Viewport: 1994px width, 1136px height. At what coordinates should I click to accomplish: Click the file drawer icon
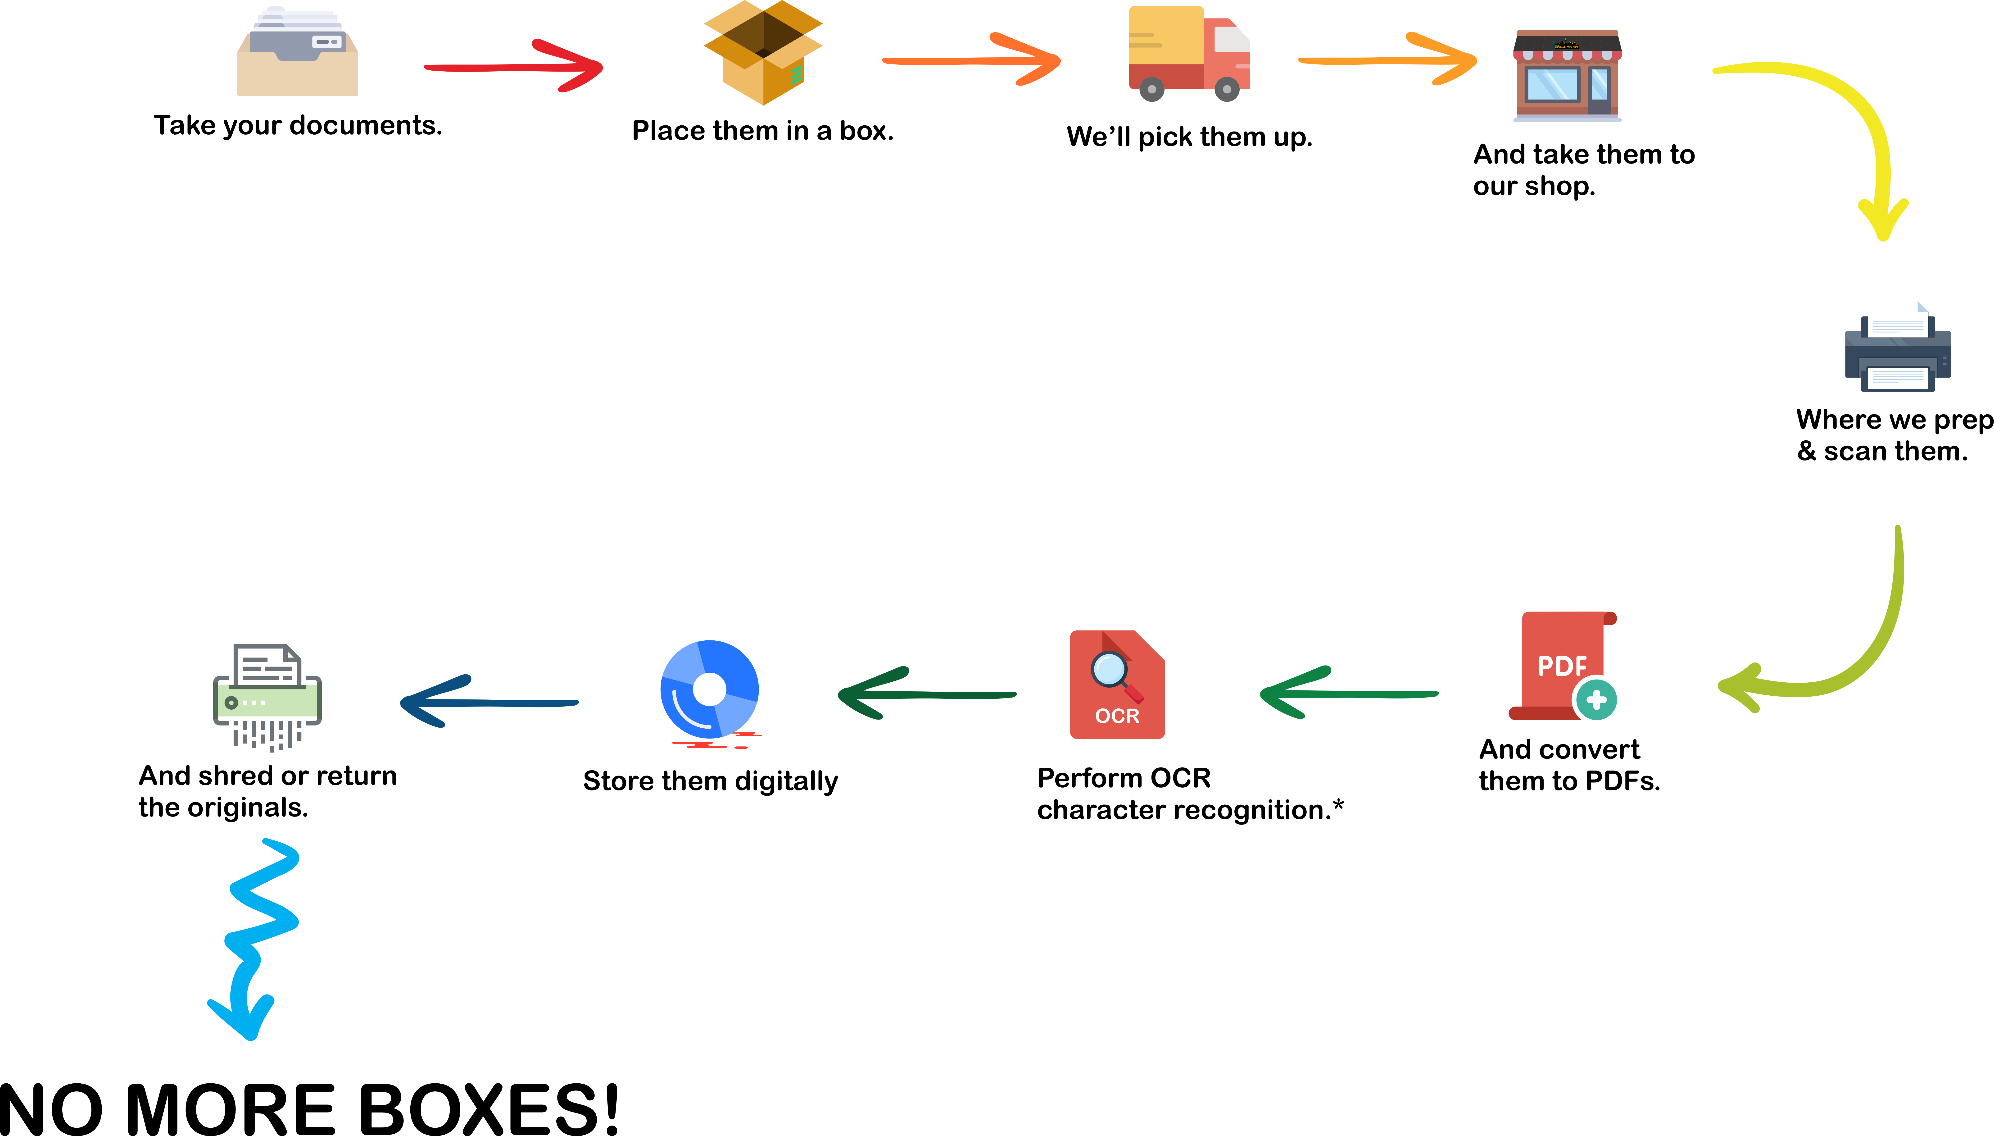click(297, 51)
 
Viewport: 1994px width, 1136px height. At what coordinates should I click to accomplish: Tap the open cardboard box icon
click(763, 52)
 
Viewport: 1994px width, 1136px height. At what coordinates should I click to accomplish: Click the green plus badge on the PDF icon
click(1595, 699)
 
